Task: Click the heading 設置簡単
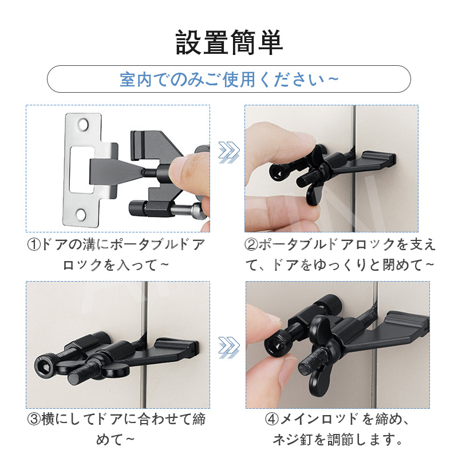click(x=229, y=42)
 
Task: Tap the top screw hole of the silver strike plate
click(x=82, y=125)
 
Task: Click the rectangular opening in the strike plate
click(x=82, y=169)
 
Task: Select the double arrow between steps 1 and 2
click(x=229, y=152)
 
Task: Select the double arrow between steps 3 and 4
click(x=229, y=348)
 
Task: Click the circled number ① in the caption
click(x=34, y=245)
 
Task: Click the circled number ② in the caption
click(x=251, y=245)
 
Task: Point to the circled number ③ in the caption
click(x=34, y=419)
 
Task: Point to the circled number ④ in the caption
click(x=272, y=419)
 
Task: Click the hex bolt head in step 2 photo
click(x=278, y=173)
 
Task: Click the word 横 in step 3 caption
click(x=48, y=419)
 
